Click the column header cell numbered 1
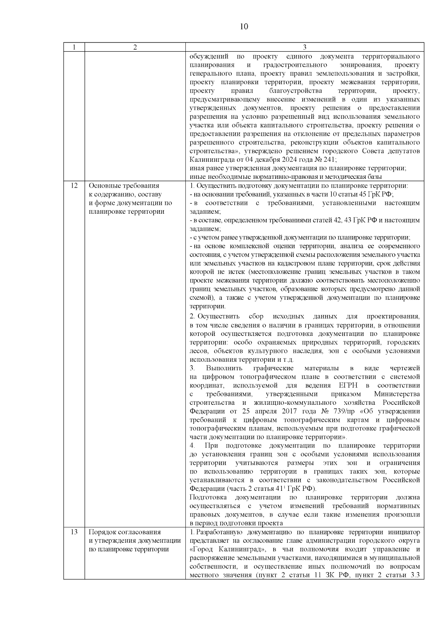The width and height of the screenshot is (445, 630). (74, 47)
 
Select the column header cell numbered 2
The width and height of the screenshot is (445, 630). (135, 47)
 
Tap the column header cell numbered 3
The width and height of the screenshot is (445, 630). (304, 47)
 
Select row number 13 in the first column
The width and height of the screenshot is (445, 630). (74, 532)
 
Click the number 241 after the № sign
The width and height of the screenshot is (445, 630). (330, 160)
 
